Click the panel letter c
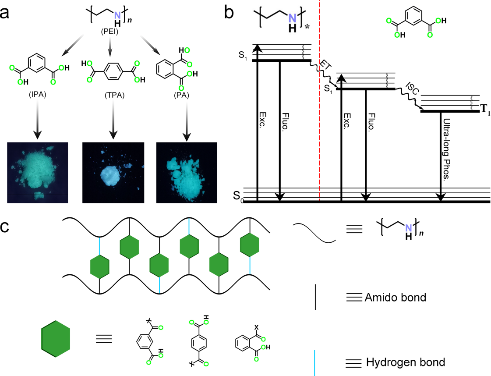tap(10, 231)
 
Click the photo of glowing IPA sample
tap(38, 173)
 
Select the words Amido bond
tap(395, 298)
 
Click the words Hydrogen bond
tap(405, 362)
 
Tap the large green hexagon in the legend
tap(56, 338)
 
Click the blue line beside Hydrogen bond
tap(315, 362)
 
